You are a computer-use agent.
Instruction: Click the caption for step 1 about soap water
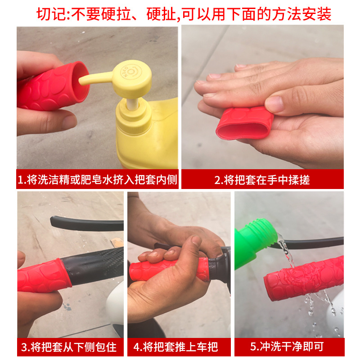pyautogui.click(x=97, y=180)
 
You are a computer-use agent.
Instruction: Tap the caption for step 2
pyautogui.click(x=262, y=180)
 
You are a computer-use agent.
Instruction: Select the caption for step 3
pyautogui.click(x=70, y=347)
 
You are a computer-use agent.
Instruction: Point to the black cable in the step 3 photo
pyautogui.click(x=85, y=223)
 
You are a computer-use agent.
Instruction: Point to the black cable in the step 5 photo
pyautogui.click(x=315, y=243)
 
